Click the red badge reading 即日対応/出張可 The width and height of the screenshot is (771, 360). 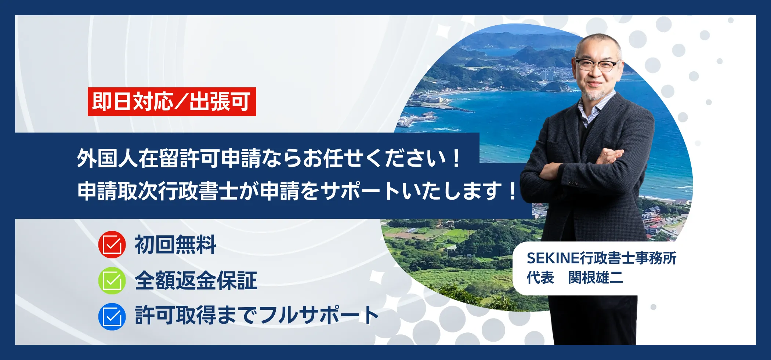(x=172, y=102)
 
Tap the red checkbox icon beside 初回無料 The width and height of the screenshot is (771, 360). (x=112, y=244)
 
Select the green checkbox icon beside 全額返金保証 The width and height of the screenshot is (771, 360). (x=112, y=280)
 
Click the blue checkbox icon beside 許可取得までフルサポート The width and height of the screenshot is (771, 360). (x=112, y=316)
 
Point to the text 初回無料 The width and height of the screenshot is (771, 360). (x=175, y=245)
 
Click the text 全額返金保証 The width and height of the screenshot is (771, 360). (x=196, y=280)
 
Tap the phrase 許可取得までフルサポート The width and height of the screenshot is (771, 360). (x=257, y=315)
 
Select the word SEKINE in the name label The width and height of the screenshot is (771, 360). (x=553, y=258)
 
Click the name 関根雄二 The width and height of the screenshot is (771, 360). (x=596, y=278)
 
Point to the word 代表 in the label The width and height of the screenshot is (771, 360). (x=540, y=278)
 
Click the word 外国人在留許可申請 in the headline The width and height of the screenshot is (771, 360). (x=169, y=159)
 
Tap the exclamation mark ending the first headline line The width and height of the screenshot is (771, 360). (x=456, y=159)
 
